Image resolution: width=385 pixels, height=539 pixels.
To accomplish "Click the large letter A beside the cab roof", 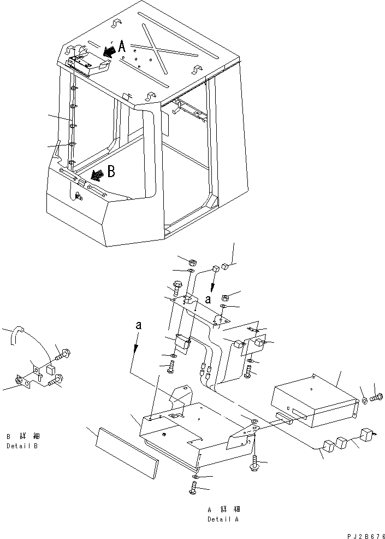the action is pos(122,46).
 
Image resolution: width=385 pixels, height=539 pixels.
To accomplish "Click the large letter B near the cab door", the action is pos(111,171).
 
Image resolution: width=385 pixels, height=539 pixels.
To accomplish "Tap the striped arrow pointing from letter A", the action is pos(110,52).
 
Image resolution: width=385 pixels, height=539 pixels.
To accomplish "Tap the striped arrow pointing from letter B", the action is pos(98,175).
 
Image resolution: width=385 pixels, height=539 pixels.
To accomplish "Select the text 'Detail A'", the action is pos(223,519).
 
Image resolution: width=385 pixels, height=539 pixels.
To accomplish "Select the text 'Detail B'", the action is pos(22,446).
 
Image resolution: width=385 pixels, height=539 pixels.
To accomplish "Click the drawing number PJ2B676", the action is pos(365,536).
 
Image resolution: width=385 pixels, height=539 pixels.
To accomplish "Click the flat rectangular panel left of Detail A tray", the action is pos(127,453).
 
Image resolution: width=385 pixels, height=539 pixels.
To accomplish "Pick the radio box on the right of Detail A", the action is pos(314,401).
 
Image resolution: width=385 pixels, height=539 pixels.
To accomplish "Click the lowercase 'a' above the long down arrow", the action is pos(138,325).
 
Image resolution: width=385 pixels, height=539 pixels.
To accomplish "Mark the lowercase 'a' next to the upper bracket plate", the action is pos(208,300).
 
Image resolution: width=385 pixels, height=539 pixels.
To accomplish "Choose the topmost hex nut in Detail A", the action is pos(193,263).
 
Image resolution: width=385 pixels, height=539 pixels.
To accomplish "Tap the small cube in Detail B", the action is pos(51,370).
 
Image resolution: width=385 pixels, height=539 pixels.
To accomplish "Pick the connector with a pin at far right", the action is pos(368,434).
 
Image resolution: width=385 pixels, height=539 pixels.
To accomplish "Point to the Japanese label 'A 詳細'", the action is pos(224,509).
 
